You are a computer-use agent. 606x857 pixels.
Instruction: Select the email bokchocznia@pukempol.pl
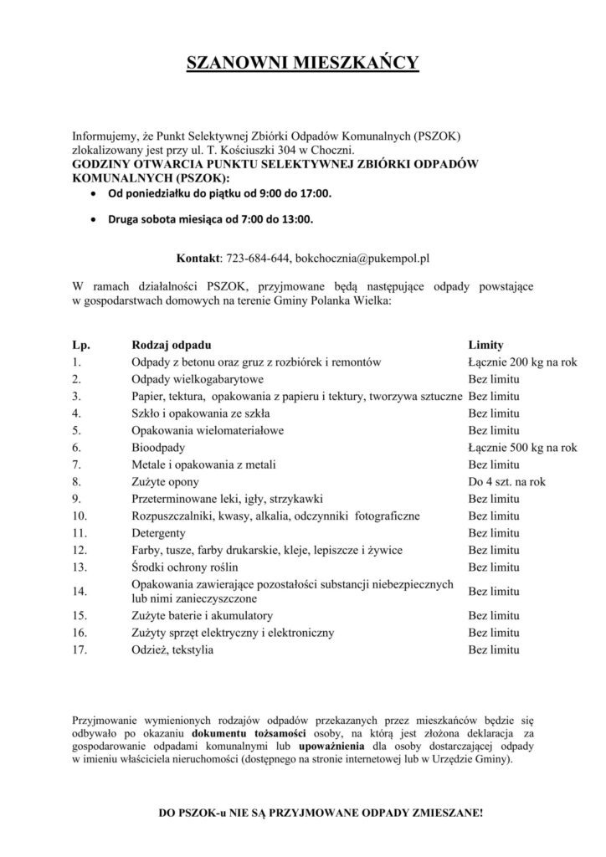(363, 258)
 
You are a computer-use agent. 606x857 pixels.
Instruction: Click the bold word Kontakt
(198, 258)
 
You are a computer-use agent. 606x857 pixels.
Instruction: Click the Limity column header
(485, 344)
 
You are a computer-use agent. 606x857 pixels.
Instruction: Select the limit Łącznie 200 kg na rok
(522, 362)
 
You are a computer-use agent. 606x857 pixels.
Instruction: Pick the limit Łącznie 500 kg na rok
(522, 448)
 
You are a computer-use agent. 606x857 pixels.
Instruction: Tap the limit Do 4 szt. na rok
(507, 482)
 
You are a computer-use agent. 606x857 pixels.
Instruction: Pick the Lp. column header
(80, 344)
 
